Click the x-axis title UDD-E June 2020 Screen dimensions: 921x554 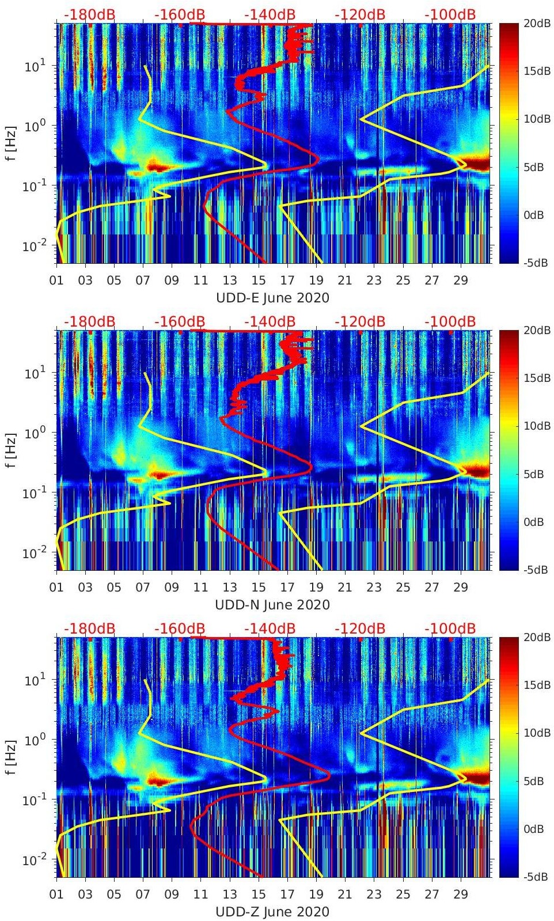tap(272, 298)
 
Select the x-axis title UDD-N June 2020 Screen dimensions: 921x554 tap(272, 605)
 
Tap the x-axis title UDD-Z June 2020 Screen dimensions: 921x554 tap(272, 912)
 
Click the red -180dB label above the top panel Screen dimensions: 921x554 tap(89, 14)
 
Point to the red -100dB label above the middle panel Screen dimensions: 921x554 tap(450, 321)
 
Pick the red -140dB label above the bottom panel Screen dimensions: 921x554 tap(270, 628)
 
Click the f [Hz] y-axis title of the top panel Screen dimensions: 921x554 tap(11, 143)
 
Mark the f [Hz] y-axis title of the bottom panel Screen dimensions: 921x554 tap(11, 757)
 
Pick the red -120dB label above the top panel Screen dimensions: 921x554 tap(360, 14)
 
